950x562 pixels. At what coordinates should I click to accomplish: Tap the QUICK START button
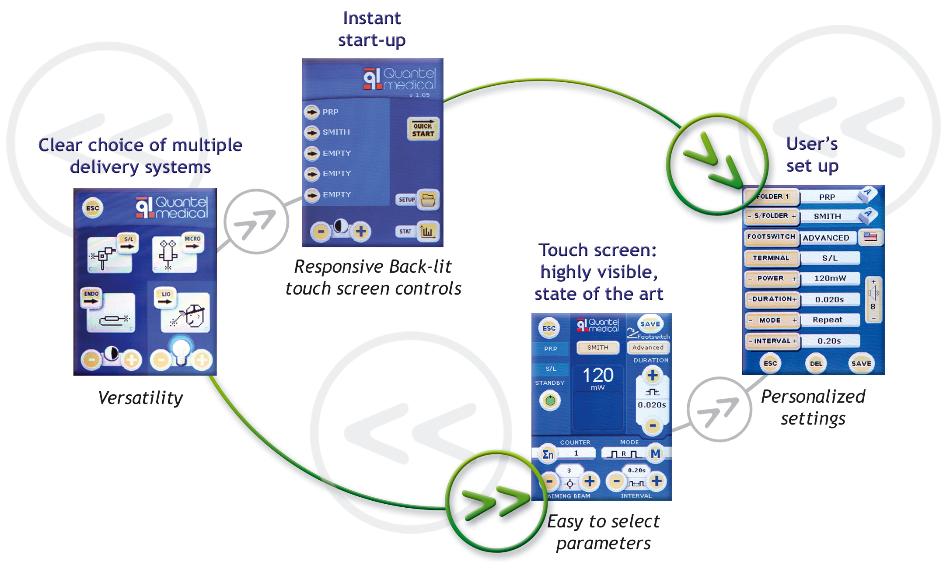click(x=423, y=129)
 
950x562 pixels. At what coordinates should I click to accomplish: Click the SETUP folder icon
click(x=428, y=200)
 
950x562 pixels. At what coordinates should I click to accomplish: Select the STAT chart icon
click(x=427, y=231)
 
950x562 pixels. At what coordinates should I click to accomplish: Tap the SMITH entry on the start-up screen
click(x=335, y=132)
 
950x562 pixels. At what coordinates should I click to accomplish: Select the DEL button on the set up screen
click(x=816, y=363)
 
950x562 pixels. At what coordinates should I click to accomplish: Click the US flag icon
click(x=870, y=237)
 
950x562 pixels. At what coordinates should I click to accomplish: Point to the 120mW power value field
click(x=830, y=278)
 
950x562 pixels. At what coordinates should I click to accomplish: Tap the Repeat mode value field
click(x=827, y=320)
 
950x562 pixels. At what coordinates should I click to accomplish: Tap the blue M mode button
click(x=655, y=454)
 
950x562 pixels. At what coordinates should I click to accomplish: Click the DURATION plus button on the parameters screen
click(x=653, y=376)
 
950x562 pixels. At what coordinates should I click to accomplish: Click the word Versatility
click(x=140, y=398)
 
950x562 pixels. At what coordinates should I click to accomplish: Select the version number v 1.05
click(x=419, y=95)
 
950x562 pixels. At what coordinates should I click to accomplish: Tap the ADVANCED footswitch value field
click(x=826, y=238)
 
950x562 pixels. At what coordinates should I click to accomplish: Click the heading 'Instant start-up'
click(x=372, y=29)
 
